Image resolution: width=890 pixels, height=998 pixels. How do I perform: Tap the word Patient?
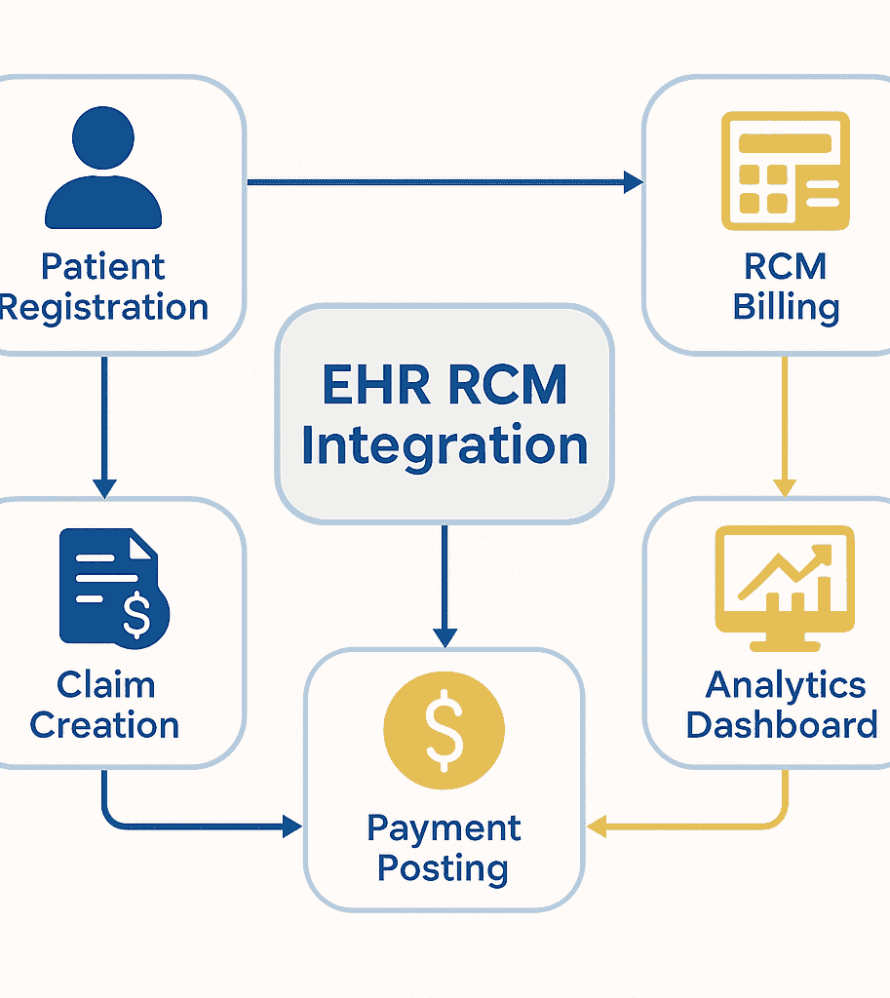click(103, 266)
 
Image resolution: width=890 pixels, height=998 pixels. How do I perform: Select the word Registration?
click(104, 307)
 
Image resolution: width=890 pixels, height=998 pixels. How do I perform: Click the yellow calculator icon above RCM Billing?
click(785, 172)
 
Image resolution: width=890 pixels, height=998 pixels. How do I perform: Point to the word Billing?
click(786, 307)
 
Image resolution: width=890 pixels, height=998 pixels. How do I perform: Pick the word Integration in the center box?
click(445, 444)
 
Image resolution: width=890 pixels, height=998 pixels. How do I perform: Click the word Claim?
click(105, 684)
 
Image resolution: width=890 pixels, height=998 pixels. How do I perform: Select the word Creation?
click(104, 725)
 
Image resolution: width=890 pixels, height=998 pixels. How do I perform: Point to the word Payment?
click(444, 828)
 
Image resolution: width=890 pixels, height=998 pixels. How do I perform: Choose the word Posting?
click(444, 868)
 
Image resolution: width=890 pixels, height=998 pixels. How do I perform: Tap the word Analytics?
click(786, 684)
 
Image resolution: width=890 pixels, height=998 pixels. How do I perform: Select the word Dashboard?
click(782, 725)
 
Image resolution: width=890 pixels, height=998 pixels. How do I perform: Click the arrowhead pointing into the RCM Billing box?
click(634, 181)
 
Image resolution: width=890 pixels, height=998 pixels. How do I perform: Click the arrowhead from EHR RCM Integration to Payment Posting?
click(445, 637)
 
